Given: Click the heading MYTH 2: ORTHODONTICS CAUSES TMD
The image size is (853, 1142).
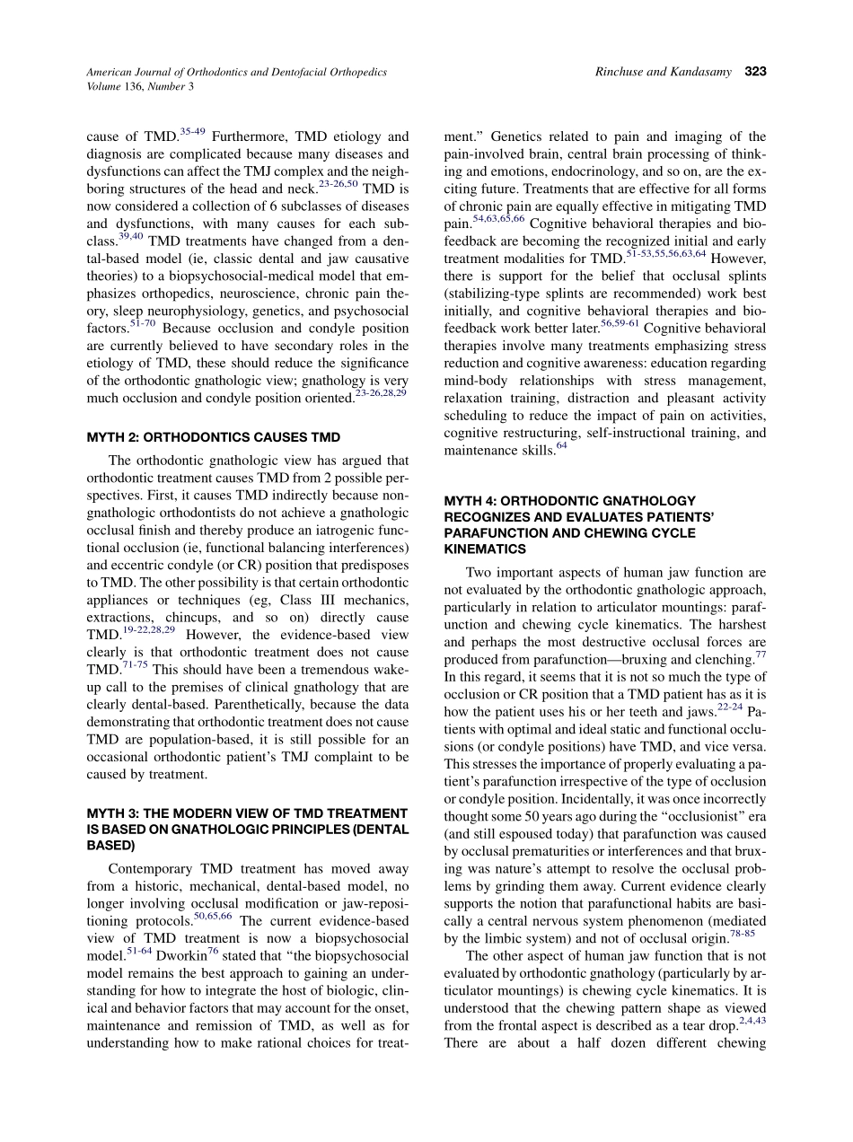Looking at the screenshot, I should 213,437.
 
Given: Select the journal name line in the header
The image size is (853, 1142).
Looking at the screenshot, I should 236,72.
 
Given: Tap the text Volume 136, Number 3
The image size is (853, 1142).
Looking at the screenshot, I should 139,86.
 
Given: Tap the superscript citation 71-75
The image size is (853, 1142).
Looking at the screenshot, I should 136,664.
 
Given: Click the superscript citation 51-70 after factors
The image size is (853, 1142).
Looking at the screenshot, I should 142,323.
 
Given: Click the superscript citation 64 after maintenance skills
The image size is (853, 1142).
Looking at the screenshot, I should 561,444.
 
